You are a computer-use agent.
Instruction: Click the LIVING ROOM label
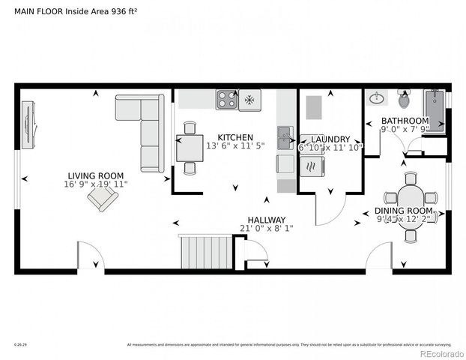click(x=95, y=176)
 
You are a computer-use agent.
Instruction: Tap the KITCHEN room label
click(x=235, y=137)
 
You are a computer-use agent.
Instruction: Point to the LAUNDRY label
click(x=330, y=139)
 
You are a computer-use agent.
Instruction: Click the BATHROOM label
click(x=405, y=121)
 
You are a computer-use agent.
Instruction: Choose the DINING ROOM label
click(x=404, y=211)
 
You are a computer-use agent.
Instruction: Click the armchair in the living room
click(x=103, y=198)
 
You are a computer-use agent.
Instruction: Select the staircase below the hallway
click(x=205, y=251)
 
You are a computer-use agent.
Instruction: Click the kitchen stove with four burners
click(x=227, y=99)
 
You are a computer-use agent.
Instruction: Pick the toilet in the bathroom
click(x=405, y=98)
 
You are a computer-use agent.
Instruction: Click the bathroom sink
click(x=377, y=98)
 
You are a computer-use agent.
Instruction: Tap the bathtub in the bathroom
click(x=434, y=110)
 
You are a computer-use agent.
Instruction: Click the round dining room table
click(x=411, y=204)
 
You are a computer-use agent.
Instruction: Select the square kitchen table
click(x=190, y=148)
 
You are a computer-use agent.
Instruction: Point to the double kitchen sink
click(x=285, y=137)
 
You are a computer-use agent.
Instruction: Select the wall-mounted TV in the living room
click(x=29, y=122)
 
